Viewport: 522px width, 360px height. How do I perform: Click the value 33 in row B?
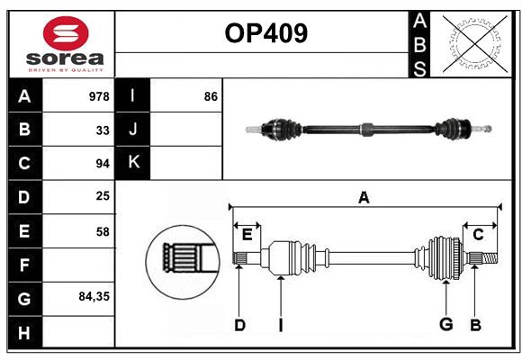[103, 130]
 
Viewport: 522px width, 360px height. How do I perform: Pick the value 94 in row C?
[103, 164]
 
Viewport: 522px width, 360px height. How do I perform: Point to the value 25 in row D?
[103, 197]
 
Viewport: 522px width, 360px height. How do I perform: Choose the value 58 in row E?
[103, 231]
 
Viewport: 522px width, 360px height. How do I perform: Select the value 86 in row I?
[211, 96]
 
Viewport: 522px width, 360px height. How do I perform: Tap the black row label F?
[24, 265]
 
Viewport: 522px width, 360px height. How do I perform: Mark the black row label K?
[133, 163]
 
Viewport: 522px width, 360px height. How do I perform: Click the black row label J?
[133, 130]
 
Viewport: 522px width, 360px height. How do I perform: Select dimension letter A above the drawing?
[364, 197]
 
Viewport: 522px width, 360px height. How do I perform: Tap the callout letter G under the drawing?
[445, 325]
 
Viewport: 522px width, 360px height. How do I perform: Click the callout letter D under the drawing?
[239, 325]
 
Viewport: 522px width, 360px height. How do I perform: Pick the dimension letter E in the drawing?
[247, 235]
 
